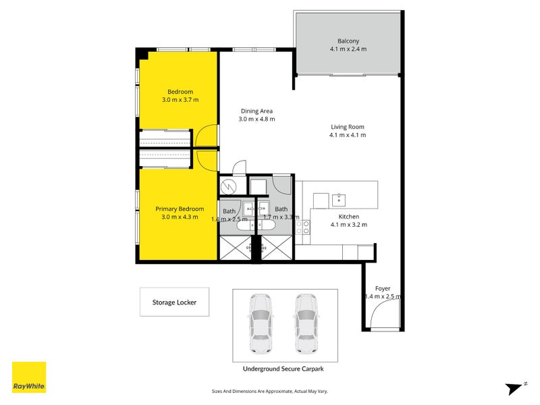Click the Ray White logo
pyautogui.click(x=29, y=377)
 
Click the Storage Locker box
pyautogui.click(x=174, y=302)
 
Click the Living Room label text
pyautogui.click(x=348, y=126)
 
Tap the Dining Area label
pyautogui.click(x=256, y=111)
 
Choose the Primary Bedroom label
pyautogui.click(x=180, y=209)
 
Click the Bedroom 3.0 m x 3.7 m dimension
pyautogui.click(x=180, y=100)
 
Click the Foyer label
pyautogui.click(x=382, y=288)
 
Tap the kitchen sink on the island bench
pyautogui.click(x=340, y=200)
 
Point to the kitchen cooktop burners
pyautogui.click(x=306, y=227)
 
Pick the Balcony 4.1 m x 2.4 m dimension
pyautogui.click(x=348, y=49)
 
